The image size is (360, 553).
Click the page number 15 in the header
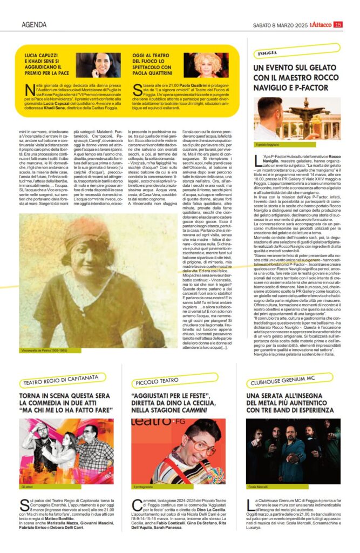[338, 24]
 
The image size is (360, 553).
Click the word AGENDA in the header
[33, 24]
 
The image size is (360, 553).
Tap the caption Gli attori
[28, 487]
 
